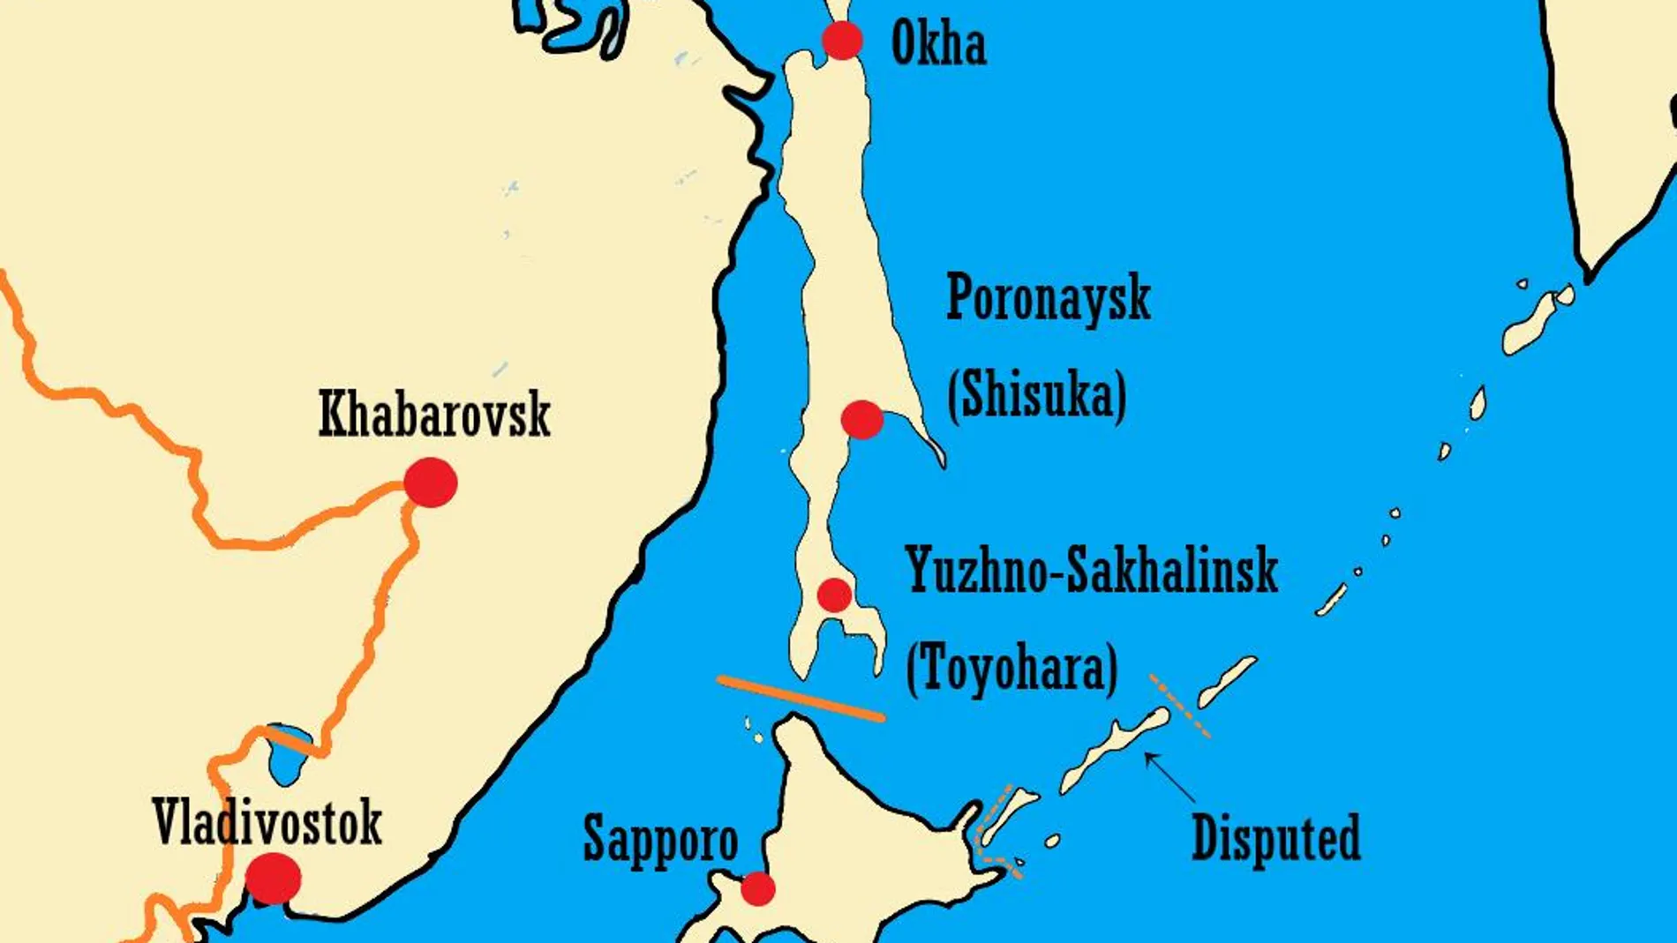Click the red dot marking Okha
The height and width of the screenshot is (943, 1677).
[x=842, y=40]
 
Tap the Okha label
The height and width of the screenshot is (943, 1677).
[x=938, y=43]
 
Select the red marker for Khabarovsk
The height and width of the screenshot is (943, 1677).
[x=431, y=483]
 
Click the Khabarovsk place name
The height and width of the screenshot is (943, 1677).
[x=434, y=414]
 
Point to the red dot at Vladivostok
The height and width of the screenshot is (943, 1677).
[x=273, y=878]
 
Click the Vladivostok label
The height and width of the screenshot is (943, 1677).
[x=267, y=822]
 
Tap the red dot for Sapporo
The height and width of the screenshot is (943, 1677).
[x=757, y=888]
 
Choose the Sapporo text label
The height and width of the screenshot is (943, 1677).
[x=660, y=839]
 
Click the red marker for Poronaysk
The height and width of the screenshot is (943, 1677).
[x=861, y=420]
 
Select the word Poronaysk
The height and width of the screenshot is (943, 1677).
[x=1048, y=298]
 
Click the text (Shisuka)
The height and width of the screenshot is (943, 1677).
[x=1036, y=394]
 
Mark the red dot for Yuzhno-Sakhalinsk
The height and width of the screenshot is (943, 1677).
[x=834, y=595]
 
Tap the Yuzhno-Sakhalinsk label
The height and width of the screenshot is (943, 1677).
[x=1091, y=570]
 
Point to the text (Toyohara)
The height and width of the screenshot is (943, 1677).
[x=1011, y=667]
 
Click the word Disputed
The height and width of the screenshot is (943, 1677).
[x=1275, y=837]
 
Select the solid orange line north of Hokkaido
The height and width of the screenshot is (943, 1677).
[x=801, y=698]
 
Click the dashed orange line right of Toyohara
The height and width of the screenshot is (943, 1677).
[x=1179, y=706]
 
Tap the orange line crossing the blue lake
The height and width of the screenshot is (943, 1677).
[x=292, y=741]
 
